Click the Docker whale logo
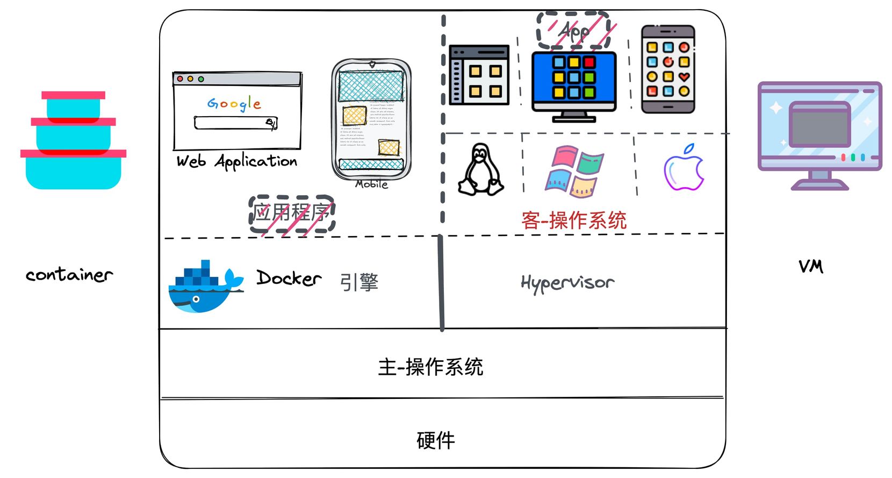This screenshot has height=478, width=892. pos(204,288)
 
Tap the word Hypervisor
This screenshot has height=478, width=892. pos(567,282)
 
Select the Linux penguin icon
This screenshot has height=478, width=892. pos(481,169)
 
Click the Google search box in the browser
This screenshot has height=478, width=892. pos(235,123)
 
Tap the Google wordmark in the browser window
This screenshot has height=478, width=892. pos(234,103)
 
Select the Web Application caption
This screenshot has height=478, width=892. pos(236,161)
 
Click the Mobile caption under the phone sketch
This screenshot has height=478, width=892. pos(371,184)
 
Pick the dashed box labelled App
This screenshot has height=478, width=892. pos(573,31)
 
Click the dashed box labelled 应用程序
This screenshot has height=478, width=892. pos(292,213)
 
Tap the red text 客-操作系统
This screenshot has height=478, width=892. pos(574,220)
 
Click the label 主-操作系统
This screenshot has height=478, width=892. pos(430,367)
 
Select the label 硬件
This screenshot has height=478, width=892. pos(435,440)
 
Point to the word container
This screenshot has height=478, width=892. pos(69,275)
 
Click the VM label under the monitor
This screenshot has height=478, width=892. pos(810,266)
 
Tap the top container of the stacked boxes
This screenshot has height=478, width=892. pos(74,105)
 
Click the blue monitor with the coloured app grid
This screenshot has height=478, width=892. pos(574,81)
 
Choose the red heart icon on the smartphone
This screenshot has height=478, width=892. pos(684,76)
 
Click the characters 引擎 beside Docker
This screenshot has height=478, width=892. pos(359,282)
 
